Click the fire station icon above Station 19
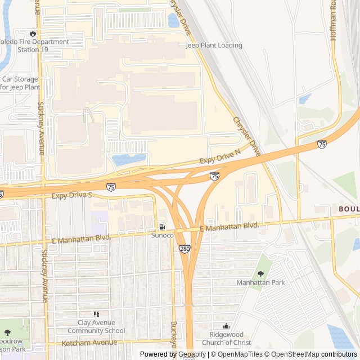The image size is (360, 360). pyautogui.click(x=33, y=33)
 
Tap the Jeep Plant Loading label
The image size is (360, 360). pyautogui.click(x=214, y=46)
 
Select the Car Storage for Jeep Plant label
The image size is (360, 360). pyautogui.click(x=20, y=83)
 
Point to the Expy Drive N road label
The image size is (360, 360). pyautogui.click(x=220, y=157)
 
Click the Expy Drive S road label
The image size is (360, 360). pyautogui.click(x=71, y=196)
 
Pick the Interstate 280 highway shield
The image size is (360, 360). pyautogui.click(x=184, y=249)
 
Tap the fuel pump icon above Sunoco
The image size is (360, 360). pyautogui.click(x=162, y=227)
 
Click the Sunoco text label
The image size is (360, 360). pyautogui.click(x=162, y=235)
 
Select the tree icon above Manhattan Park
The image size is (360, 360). pyautogui.click(x=260, y=274)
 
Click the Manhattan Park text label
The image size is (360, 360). pyautogui.click(x=260, y=282)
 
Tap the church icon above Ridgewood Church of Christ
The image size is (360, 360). pyautogui.click(x=227, y=326)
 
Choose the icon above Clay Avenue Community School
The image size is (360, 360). pyautogui.click(x=96, y=314)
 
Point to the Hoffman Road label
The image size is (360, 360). pyautogui.click(x=333, y=20)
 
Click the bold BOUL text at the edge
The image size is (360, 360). pyautogui.click(x=349, y=209)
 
